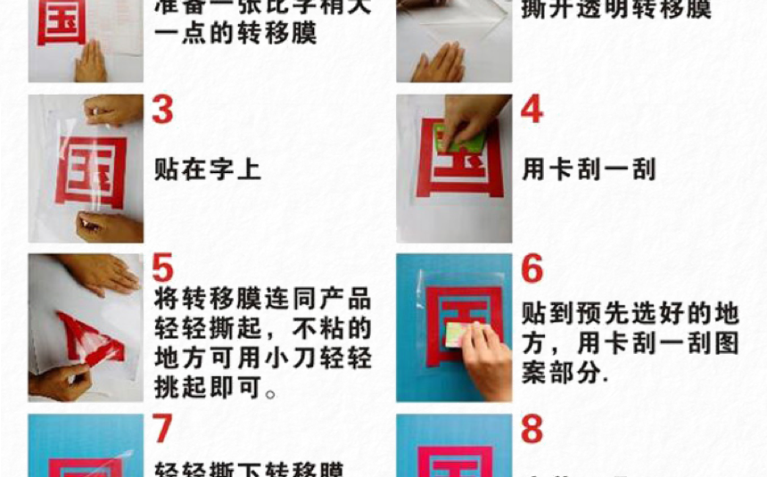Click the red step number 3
163,110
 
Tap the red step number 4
532,110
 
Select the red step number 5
162,268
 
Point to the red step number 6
532,268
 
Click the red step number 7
162,429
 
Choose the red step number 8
532,429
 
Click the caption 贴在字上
208,169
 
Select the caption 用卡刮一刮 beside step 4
589,169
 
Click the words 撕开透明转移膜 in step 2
615,11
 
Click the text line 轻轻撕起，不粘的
262,329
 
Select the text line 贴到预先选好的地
630,314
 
